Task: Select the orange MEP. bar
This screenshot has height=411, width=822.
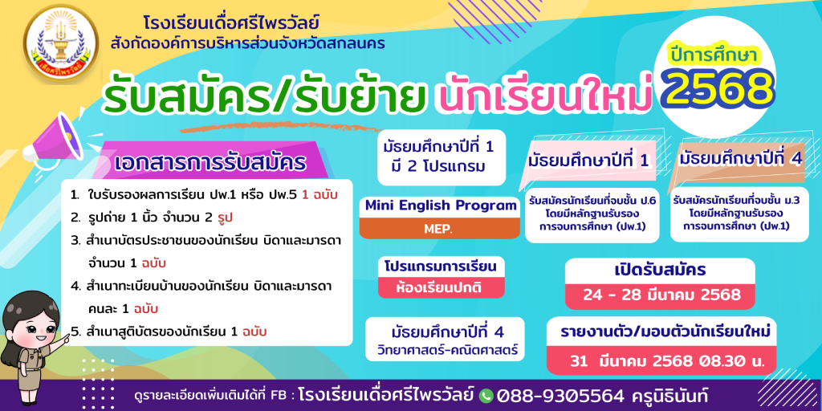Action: click(x=439, y=229)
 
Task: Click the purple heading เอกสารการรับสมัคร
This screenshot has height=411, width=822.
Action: click(x=210, y=162)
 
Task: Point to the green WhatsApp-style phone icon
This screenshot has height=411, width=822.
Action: click(x=486, y=395)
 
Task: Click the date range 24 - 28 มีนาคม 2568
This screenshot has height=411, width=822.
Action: click(x=661, y=295)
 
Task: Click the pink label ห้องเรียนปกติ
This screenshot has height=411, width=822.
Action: click(x=439, y=287)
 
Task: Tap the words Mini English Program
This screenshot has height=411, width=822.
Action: click(x=441, y=205)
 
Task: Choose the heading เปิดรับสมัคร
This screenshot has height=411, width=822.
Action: click(x=660, y=270)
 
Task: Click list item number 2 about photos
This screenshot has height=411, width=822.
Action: click(x=153, y=217)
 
